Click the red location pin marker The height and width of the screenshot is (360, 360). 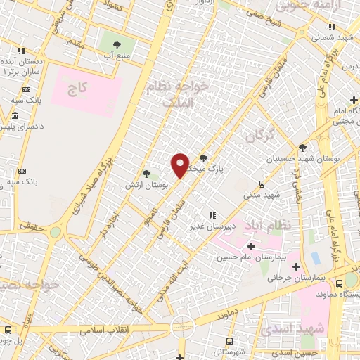[x=180, y=165]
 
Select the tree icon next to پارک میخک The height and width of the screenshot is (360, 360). [x=204, y=158]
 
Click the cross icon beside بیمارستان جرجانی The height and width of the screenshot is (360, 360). [x=296, y=266]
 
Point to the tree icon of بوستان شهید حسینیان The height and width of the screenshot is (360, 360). [x=302, y=148]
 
